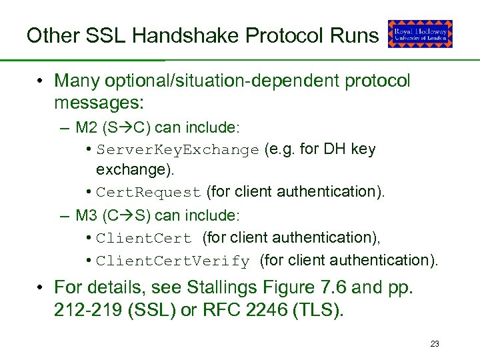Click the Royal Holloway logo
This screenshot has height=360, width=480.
click(x=420, y=33)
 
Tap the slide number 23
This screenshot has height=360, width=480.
click(x=435, y=344)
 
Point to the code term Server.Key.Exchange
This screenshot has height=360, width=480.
click(x=177, y=150)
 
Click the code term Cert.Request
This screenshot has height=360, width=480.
click(x=148, y=193)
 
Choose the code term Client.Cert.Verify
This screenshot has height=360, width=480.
click(x=173, y=261)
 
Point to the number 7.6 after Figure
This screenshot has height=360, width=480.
click(x=331, y=287)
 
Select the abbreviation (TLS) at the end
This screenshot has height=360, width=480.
click(x=320, y=310)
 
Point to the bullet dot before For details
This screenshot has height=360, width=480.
click(x=41, y=287)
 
